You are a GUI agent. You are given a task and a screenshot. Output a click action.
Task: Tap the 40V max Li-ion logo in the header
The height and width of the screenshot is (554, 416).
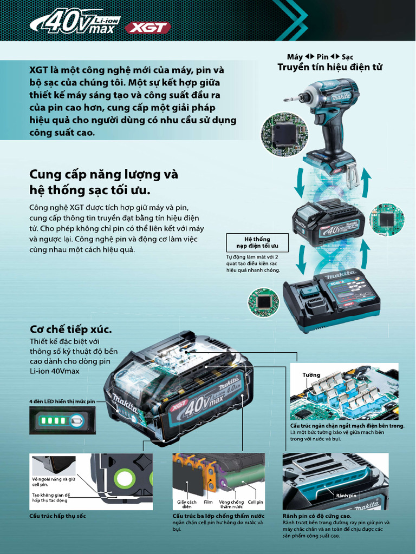74,23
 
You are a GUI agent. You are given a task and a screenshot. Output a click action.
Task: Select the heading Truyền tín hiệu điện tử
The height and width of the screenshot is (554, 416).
329,67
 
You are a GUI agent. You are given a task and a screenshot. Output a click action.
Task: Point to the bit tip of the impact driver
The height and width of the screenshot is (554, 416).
285,100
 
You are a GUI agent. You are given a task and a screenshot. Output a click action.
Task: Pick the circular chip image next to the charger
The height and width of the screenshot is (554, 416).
263,302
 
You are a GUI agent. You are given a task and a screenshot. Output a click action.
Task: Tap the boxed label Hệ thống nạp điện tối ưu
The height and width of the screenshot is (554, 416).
257,242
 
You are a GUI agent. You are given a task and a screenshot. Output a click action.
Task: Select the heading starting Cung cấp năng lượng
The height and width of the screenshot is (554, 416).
103,182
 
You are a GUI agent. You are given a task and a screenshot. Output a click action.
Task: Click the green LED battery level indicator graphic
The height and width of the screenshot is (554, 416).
62,420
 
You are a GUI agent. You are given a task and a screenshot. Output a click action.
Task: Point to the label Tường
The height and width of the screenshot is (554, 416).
311,375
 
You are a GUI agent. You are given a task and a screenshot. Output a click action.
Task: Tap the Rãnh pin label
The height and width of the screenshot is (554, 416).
346,496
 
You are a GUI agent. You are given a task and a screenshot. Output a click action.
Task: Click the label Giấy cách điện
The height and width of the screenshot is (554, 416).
186,504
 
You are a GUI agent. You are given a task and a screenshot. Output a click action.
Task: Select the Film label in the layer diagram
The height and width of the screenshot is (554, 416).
208,502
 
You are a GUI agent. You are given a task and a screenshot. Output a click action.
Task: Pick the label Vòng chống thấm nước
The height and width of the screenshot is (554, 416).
231,504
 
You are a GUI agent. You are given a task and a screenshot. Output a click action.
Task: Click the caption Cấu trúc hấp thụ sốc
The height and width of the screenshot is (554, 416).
57,516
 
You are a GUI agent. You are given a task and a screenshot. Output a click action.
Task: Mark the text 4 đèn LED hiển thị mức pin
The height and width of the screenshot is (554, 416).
62,401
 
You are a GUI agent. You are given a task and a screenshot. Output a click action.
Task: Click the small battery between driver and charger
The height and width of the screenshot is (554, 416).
328,222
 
